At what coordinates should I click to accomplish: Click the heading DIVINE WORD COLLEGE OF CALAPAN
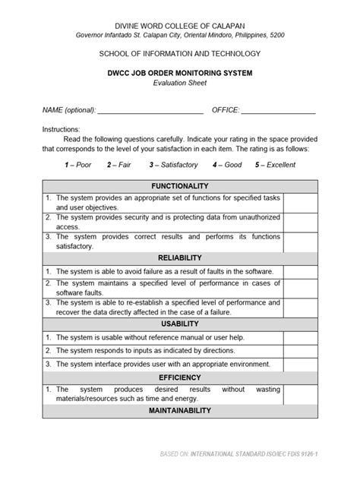tap(179, 27)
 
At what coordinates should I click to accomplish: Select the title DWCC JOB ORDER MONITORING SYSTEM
tap(179, 72)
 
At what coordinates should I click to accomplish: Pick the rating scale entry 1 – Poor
tap(78, 164)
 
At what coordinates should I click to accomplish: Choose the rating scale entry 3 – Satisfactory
tap(175, 164)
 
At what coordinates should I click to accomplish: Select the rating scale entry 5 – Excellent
tap(276, 164)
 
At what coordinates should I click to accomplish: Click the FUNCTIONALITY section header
tap(179, 186)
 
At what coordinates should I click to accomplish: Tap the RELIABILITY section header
tap(179, 258)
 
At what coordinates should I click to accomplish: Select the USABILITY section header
tap(179, 324)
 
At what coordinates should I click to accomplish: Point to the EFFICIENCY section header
tap(179, 377)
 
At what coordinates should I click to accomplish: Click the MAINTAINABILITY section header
tap(179, 411)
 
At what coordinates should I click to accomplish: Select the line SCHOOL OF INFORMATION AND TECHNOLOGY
tap(179, 54)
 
